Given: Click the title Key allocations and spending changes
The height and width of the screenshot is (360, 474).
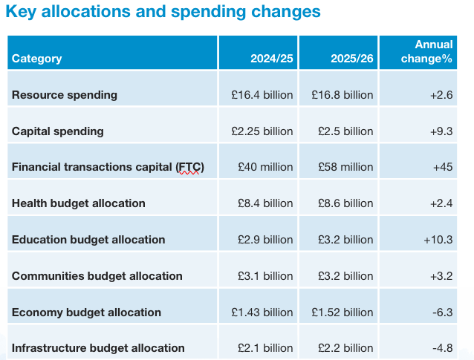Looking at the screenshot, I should coord(163,13).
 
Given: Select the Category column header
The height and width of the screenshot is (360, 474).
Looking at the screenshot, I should coord(37,59).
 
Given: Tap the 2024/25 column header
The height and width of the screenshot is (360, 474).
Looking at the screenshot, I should coord(273,59).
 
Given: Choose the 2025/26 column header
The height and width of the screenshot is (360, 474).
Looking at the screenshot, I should coord(353,59).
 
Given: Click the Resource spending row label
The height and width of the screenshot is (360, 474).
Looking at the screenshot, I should coord(65,95).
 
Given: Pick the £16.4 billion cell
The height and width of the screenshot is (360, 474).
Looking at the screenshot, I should coord(262,95).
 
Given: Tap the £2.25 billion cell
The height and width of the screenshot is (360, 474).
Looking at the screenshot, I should coord(262,131).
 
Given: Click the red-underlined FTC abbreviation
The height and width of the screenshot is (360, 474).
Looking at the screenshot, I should coord(189,167).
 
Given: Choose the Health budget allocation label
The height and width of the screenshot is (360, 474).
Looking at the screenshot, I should coord(79,203).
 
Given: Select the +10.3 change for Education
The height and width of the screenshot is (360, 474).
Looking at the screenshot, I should coord(438,240).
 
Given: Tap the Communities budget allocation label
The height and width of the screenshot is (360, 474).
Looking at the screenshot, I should coord(97,276).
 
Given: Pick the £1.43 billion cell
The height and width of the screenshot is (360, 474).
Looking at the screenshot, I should coord(262,312).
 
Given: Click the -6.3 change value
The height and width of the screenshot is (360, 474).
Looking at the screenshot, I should coord(443,312).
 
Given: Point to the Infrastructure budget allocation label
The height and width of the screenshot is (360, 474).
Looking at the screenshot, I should coord(98,348).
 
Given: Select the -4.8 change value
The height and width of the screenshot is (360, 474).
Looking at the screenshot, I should coord(443,348).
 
